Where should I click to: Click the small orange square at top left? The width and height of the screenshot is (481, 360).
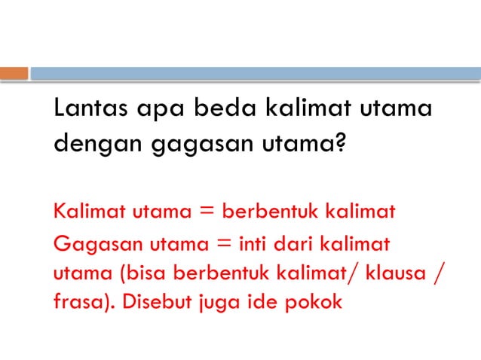(14, 74)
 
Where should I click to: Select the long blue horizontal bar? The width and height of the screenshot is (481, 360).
(255, 74)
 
